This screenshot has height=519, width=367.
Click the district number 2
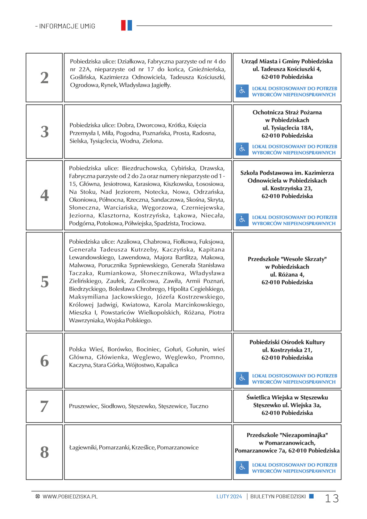tap(44, 78)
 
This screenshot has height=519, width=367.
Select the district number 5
tap(44, 282)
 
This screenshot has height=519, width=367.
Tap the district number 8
tap(44, 452)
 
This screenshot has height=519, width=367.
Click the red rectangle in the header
tap(123, 25)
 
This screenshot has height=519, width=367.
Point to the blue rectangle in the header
tap(130, 25)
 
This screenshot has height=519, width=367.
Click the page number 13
tap(332, 498)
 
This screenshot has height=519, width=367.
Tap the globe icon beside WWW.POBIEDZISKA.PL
tap(38, 496)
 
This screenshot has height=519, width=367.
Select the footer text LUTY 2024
tap(229, 496)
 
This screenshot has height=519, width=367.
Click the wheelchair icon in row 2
tap(242, 91)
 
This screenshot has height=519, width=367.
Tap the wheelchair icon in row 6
tap(242, 378)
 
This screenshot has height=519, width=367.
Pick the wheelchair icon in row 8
tap(242, 468)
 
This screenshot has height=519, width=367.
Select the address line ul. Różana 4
tap(287, 274)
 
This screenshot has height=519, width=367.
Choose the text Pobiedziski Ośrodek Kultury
tap(287, 342)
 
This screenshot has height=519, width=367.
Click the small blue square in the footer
tap(311, 496)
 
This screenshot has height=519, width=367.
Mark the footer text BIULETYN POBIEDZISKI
tap(278, 496)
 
